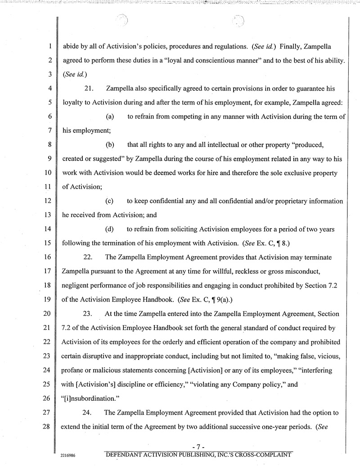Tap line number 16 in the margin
point(49,257)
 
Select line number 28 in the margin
point(49,426)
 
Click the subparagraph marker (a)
point(109,117)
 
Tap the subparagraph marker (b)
point(109,145)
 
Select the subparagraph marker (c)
point(109,201)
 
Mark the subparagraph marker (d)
point(109,229)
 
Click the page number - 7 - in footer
point(198,446)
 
